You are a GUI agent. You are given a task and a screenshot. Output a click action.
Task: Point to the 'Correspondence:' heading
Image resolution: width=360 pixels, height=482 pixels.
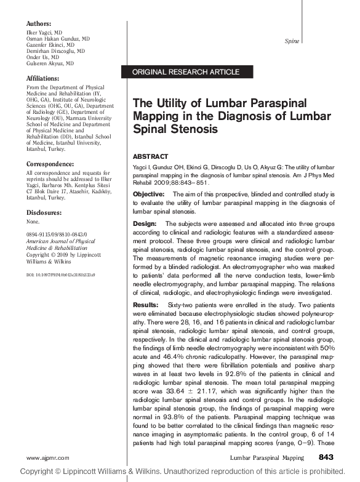[x=50, y=164]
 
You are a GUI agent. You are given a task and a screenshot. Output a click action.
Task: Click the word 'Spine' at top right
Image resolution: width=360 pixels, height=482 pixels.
[x=291, y=41]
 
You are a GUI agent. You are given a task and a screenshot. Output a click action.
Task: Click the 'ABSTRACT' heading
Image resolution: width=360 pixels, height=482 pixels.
[x=150, y=156]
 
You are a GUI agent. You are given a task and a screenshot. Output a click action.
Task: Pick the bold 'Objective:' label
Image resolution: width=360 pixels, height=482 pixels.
[x=148, y=194]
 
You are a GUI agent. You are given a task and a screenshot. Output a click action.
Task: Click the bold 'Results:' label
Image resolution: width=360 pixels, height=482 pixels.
[x=146, y=305]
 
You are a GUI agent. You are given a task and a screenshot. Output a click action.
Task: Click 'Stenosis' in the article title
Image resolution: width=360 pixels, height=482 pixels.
[x=194, y=129]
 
